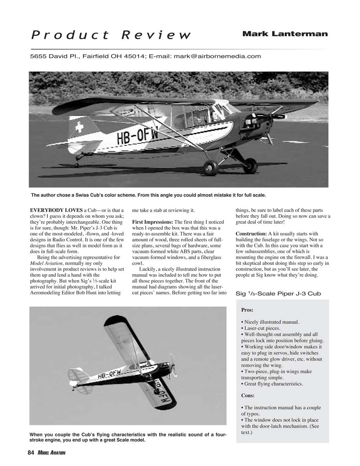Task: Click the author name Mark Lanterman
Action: point(285,34)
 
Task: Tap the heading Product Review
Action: point(111,35)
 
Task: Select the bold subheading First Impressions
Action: point(152,223)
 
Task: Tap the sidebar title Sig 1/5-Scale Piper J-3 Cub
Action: point(278,293)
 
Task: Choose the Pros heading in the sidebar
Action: point(247,310)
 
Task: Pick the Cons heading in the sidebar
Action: point(248,396)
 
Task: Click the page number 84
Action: point(31,453)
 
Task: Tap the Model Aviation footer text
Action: point(51,453)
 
